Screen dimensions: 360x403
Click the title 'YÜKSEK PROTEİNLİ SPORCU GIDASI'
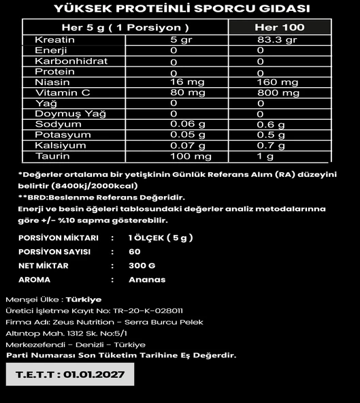click(x=180, y=8)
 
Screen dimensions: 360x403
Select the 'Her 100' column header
click(x=279, y=27)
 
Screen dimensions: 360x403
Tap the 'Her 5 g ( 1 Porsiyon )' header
click(x=125, y=27)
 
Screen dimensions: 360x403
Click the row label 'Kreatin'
click(x=54, y=40)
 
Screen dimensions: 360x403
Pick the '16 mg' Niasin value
click(x=184, y=82)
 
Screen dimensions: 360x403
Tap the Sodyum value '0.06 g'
click(x=188, y=125)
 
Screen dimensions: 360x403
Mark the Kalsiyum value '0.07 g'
click(x=188, y=146)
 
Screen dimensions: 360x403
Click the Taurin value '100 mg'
click(x=191, y=157)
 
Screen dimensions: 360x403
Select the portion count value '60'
click(x=134, y=252)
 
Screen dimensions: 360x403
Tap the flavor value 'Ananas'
click(x=147, y=280)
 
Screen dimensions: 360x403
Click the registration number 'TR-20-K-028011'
click(x=149, y=310)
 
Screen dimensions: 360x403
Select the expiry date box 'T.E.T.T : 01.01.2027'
click(x=70, y=374)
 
